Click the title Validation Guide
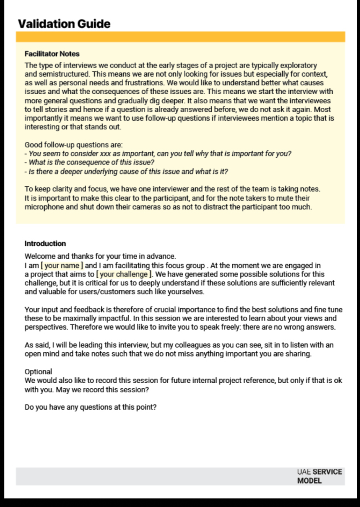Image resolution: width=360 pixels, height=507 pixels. pos(64,24)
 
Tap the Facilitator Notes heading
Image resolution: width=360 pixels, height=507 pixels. pos(52,54)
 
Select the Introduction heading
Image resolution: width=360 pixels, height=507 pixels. pos(45,243)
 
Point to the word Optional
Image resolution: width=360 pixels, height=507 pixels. pos(38,372)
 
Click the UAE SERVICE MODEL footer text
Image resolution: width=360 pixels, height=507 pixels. pos(319,476)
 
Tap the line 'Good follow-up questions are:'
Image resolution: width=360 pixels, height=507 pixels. pos(74,145)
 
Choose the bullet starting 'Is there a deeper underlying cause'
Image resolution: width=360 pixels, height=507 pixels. pos(127,171)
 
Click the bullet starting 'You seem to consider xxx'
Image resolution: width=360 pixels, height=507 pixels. pos(158,154)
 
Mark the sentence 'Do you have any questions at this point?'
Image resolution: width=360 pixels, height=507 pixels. pos(90,407)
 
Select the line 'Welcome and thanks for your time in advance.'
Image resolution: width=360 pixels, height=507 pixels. pos(100,256)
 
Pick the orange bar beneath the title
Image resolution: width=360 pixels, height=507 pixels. pos(180,37)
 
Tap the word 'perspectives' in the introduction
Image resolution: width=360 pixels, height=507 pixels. pos(47,327)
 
